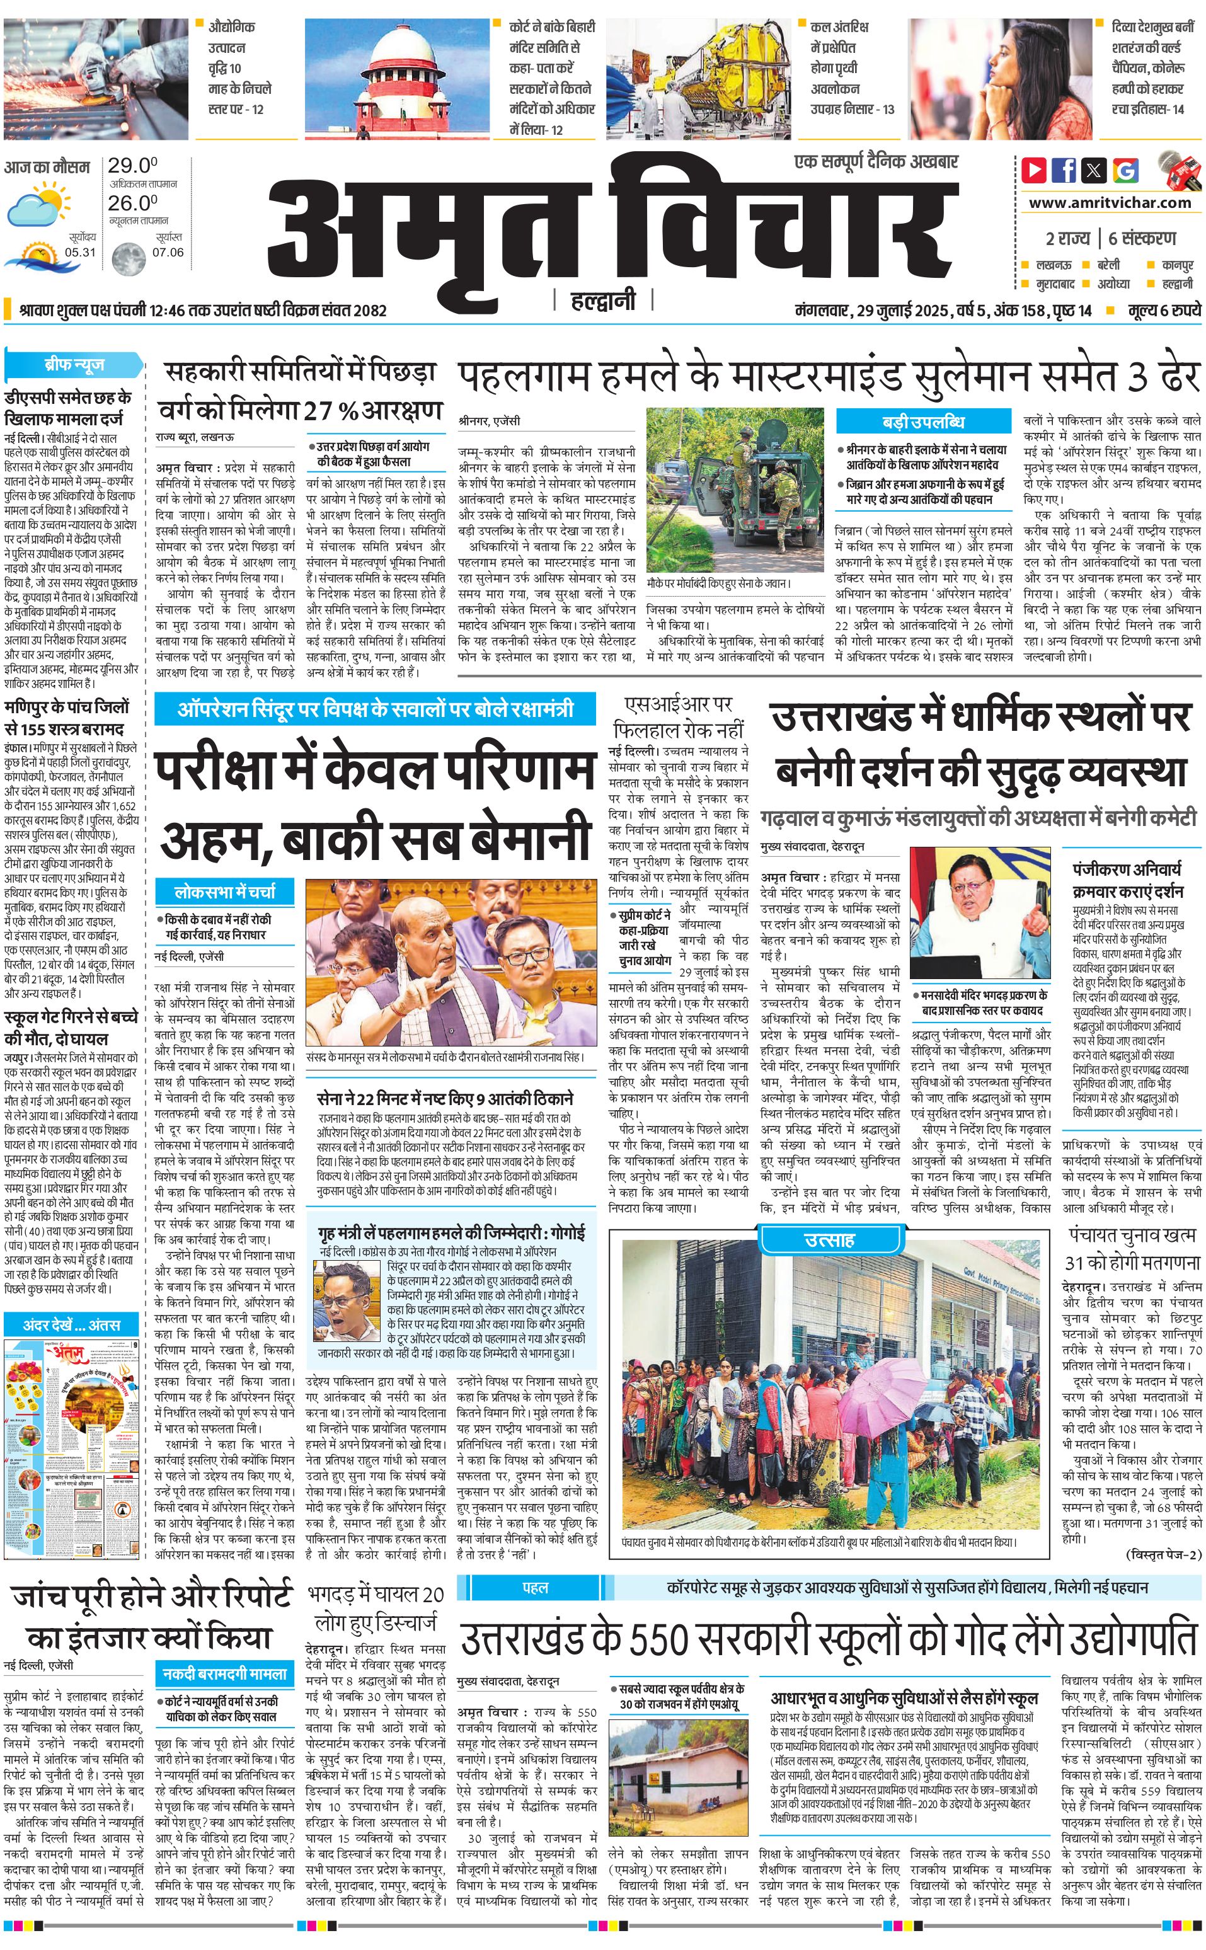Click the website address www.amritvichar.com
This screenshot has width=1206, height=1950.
pos(1110,203)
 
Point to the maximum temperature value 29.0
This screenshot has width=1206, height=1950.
pos(132,166)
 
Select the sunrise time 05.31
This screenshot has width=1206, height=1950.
pos(80,252)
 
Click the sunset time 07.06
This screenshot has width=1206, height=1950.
pos(168,252)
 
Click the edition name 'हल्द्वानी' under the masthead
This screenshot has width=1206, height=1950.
pos(603,301)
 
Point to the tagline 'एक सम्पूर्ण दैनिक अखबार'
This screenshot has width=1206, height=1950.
pos(876,162)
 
